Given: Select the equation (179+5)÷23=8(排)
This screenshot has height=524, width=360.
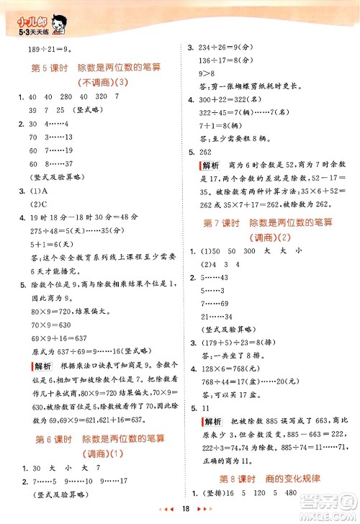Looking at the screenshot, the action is pos(238,341).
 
